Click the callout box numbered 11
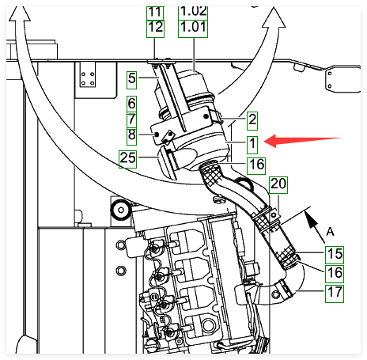pos(155,13)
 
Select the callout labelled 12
pos(155,28)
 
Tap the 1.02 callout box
pos(193,13)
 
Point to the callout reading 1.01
pos(193,28)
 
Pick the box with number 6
pos(131,104)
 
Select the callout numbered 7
pos(131,120)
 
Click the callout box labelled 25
pos(128,159)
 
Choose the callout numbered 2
pos(252,121)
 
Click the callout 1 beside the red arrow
pos(252,145)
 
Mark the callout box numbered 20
pos(278,185)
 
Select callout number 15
pos(335,255)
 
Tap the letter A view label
pos(330,232)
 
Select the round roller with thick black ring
pos(121,210)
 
